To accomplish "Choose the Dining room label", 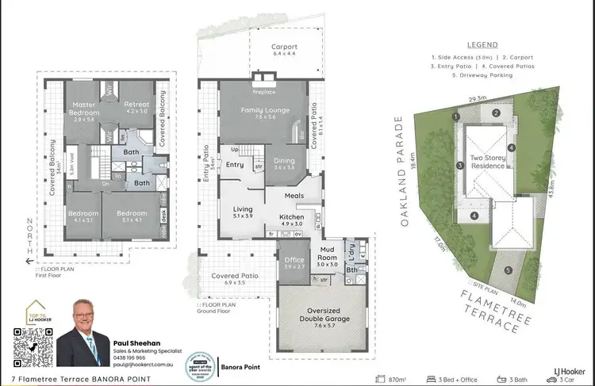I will click(x=283, y=163).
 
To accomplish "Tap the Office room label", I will click(x=294, y=263).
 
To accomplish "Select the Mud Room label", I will click(x=328, y=258).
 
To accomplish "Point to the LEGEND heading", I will click(x=482, y=45).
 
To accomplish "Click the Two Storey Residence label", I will click(x=487, y=162).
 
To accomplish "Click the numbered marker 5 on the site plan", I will click(x=508, y=269).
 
